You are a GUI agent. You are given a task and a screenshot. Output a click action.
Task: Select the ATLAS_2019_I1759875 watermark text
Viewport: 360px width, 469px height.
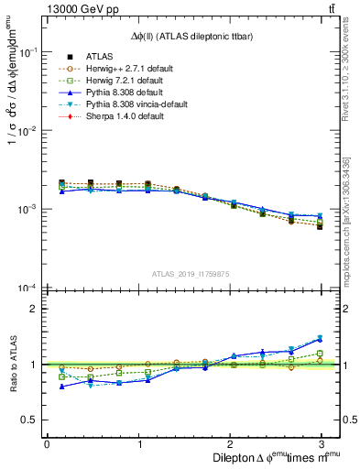click(191, 273)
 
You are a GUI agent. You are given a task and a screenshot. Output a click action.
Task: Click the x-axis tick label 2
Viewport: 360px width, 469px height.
click(230, 443)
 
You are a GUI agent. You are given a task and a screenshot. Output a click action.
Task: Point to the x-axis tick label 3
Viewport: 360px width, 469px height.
click(322, 443)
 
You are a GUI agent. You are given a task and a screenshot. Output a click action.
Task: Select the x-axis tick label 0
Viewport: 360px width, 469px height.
click(47, 443)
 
